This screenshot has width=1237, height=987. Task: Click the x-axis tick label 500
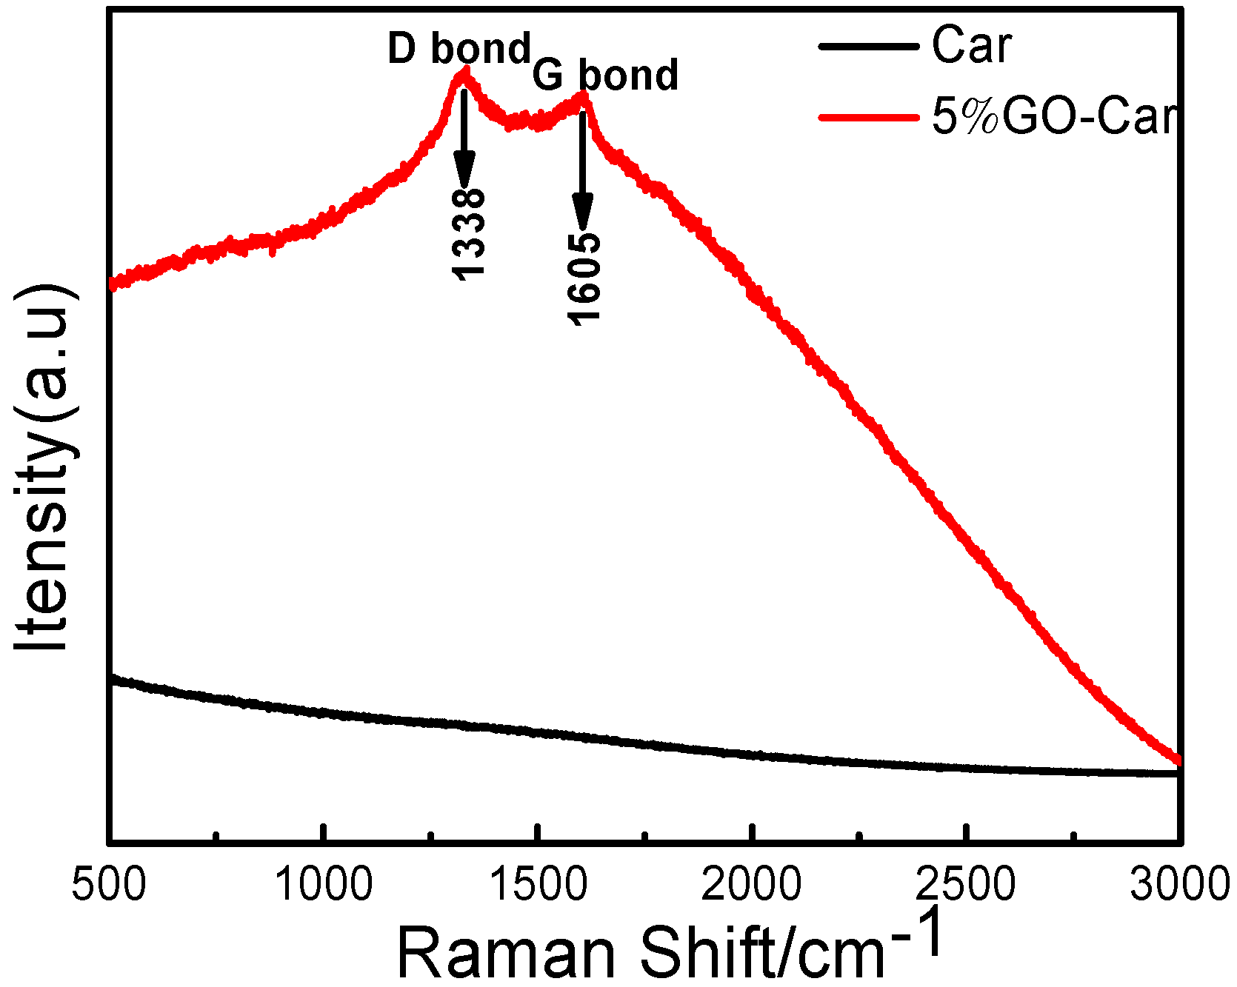tap(109, 885)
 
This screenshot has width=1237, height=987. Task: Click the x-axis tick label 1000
tap(324, 885)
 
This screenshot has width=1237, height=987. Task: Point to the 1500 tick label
tap(539, 885)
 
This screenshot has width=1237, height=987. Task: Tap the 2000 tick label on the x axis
tap(751, 885)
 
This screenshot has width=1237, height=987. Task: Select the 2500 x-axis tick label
tap(966, 885)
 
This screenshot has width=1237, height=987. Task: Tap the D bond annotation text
tap(459, 49)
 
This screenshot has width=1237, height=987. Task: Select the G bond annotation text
tap(605, 76)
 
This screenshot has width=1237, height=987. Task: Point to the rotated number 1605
tap(584, 278)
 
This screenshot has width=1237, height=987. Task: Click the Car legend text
tap(971, 46)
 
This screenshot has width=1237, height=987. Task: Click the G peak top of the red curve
tap(584, 95)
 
